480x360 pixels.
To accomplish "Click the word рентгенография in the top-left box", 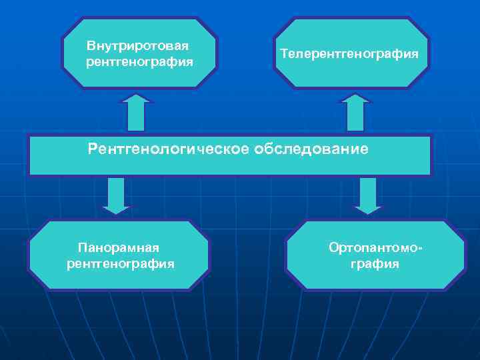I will (x=139, y=62).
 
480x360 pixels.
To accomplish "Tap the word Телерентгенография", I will (x=349, y=53).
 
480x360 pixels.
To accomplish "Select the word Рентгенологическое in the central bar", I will (x=168, y=149).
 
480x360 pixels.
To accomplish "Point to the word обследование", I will (x=310, y=149).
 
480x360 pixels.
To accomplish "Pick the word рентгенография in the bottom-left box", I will (x=121, y=263).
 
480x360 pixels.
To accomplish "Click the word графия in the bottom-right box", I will (x=375, y=263).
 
